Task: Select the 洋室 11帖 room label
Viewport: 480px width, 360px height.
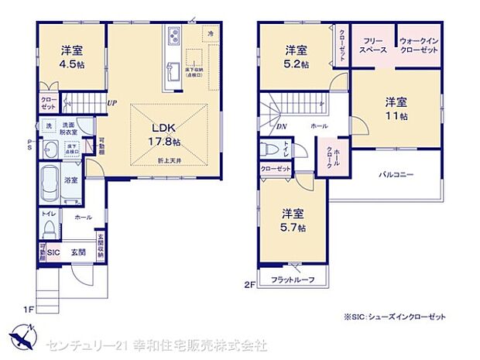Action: pyautogui.click(x=396, y=109)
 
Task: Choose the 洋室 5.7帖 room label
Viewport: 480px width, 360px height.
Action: pyautogui.click(x=293, y=221)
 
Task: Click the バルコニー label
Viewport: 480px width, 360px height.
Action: pyautogui.click(x=396, y=175)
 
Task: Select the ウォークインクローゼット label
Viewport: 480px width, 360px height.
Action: pyautogui.click(x=419, y=45)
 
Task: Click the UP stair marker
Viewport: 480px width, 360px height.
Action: pyautogui.click(x=112, y=103)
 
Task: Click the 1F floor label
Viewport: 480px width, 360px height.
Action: pyautogui.click(x=29, y=310)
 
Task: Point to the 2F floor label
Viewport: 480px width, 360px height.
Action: pyautogui.click(x=250, y=284)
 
